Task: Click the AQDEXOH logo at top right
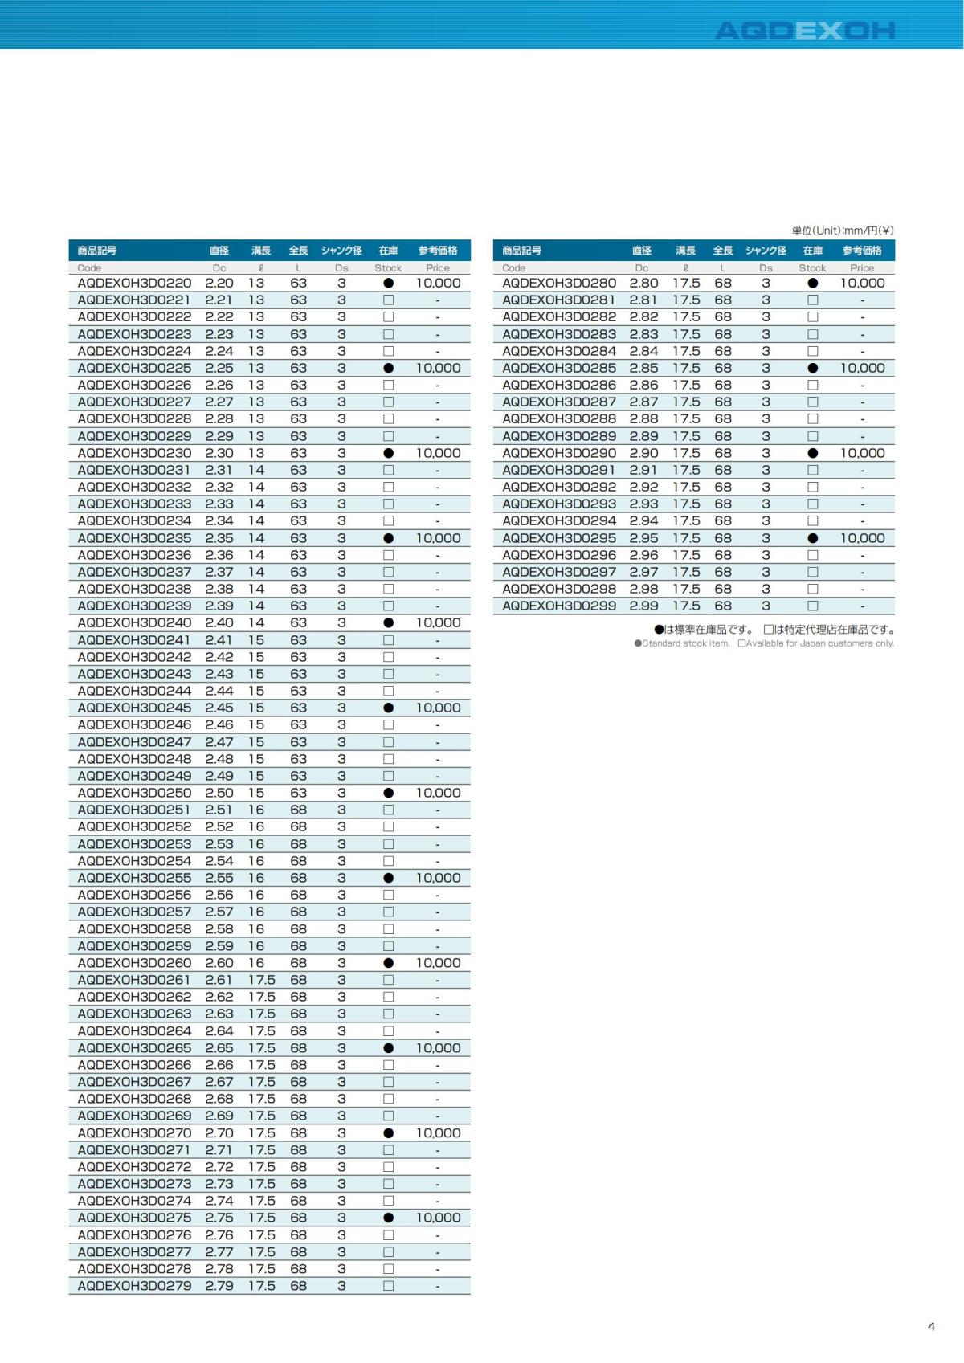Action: [804, 31]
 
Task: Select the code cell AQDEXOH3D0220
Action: [134, 283]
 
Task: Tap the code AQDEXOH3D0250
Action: [134, 793]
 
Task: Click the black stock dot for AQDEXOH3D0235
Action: [389, 538]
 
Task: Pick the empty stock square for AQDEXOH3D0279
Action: [389, 1286]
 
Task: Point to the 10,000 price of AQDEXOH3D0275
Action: [438, 1218]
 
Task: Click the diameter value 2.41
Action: [219, 640]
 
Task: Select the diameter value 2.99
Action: [643, 606]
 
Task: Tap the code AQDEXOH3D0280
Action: [559, 283]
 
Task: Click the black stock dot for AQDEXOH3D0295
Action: [813, 538]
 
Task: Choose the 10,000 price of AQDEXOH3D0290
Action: [862, 453]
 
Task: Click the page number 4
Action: [931, 1326]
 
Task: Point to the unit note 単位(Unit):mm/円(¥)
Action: [843, 231]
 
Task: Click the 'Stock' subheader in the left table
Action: [388, 268]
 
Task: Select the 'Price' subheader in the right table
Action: [862, 268]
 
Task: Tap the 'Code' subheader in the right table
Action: [514, 268]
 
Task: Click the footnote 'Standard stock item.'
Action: [685, 643]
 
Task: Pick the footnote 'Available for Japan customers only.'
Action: [819, 643]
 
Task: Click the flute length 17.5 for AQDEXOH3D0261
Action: [262, 980]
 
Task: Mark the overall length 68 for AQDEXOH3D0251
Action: [299, 810]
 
